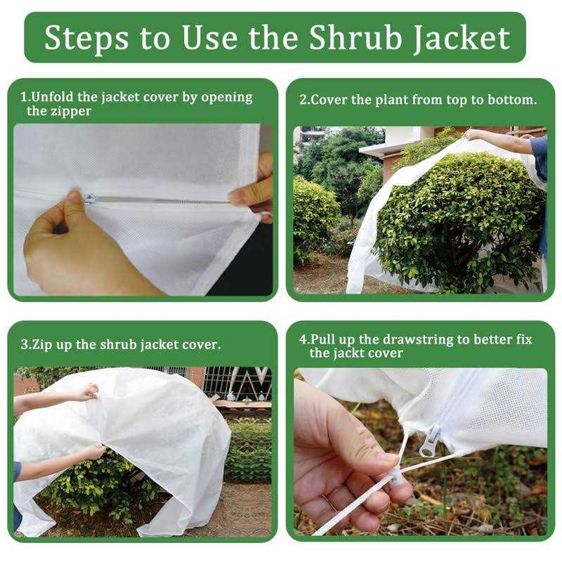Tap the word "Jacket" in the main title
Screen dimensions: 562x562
[x=465, y=39]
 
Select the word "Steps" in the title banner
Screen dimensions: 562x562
[x=84, y=38]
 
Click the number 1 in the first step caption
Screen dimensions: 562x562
[x=23, y=98]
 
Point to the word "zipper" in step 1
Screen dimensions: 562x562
[x=70, y=111]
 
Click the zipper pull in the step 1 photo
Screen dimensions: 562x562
[x=90, y=200]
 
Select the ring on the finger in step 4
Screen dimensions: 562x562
[x=327, y=500]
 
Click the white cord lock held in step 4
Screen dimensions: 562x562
[x=398, y=478]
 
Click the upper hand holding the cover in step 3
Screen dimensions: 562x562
[x=88, y=391]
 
